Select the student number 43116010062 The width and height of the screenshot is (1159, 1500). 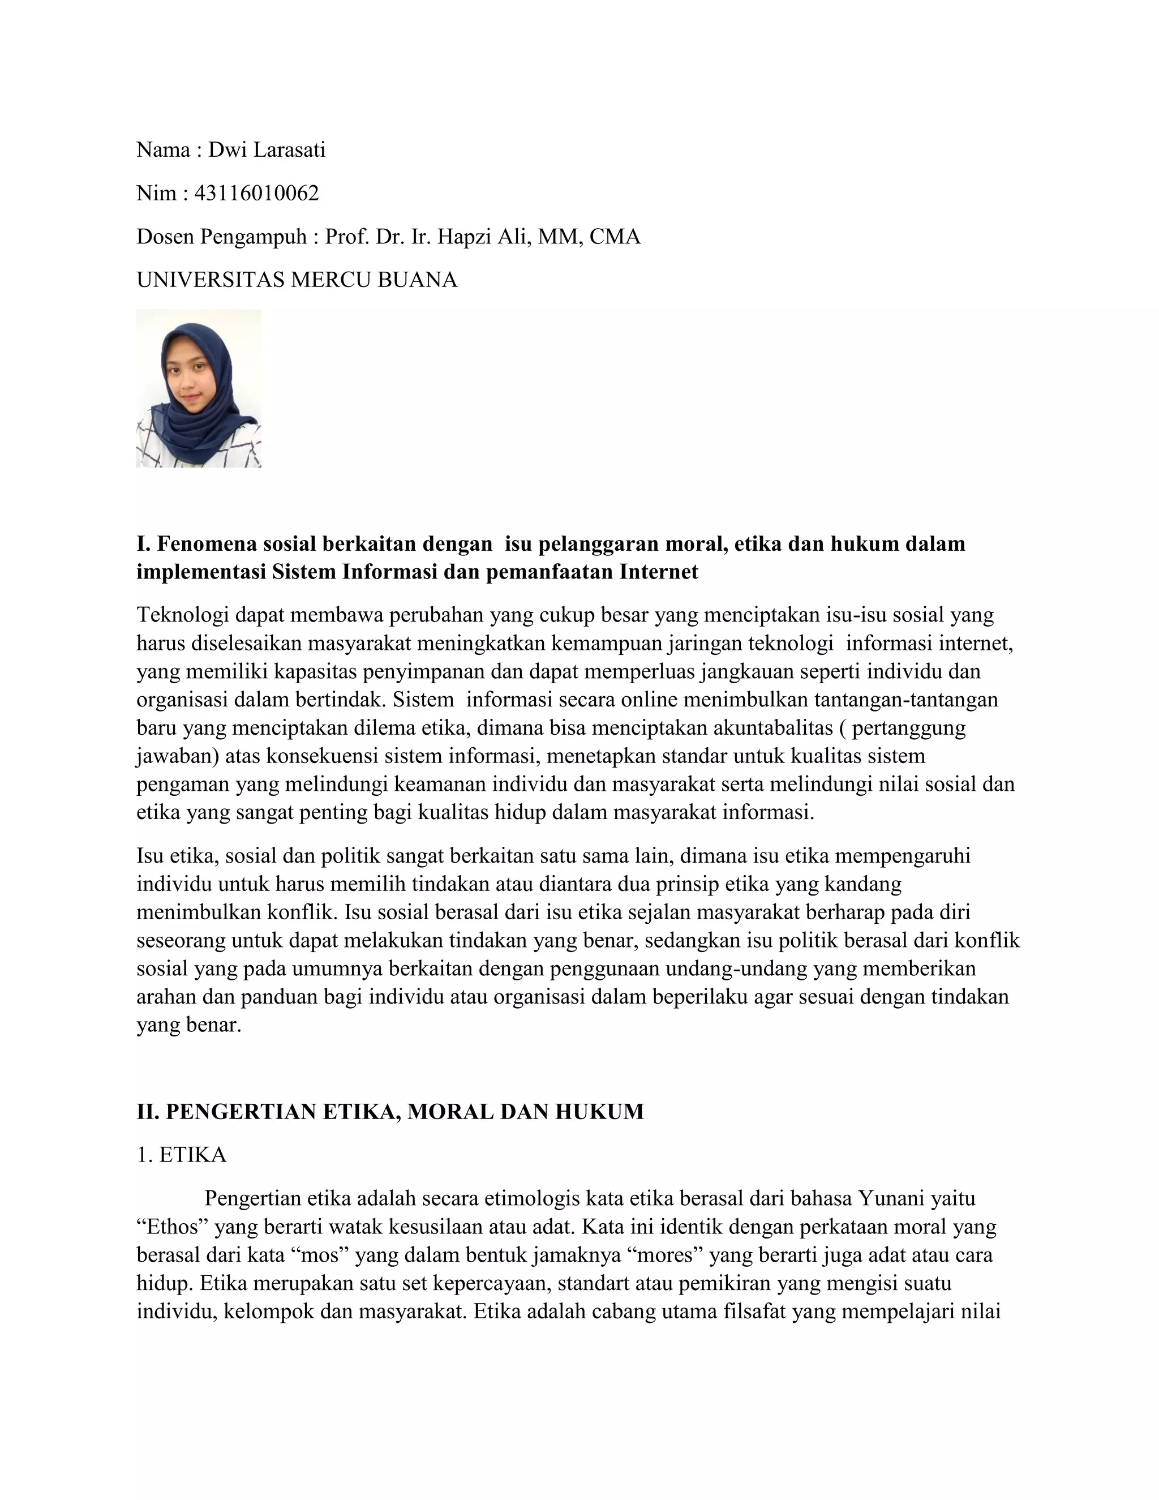(x=257, y=194)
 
